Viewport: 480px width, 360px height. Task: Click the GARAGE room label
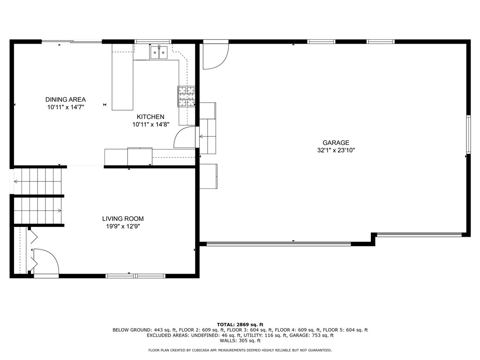coord(336,143)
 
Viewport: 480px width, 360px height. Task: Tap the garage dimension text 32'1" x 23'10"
coord(336,150)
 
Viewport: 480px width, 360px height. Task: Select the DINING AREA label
coord(66,99)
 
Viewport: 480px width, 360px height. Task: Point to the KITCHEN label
coord(150,117)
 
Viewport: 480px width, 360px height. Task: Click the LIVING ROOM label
coord(123,218)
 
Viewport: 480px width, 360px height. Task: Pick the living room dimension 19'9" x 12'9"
coord(123,226)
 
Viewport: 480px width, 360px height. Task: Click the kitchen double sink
coord(159,52)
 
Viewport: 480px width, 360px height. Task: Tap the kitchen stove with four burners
coord(186,96)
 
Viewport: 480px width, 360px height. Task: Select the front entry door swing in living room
coord(46,261)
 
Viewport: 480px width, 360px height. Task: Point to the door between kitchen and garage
coord(184,137)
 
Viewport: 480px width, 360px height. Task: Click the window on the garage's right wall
coord(468,135)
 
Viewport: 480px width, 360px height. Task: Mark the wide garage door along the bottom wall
coord(278,243)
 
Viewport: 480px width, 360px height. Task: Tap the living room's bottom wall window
coord(135,276)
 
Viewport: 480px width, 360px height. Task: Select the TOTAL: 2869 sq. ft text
coord(240,324)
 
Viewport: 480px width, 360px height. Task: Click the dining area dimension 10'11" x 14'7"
coord(66,107)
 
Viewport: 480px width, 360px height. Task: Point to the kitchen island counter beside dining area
coord(122,77)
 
